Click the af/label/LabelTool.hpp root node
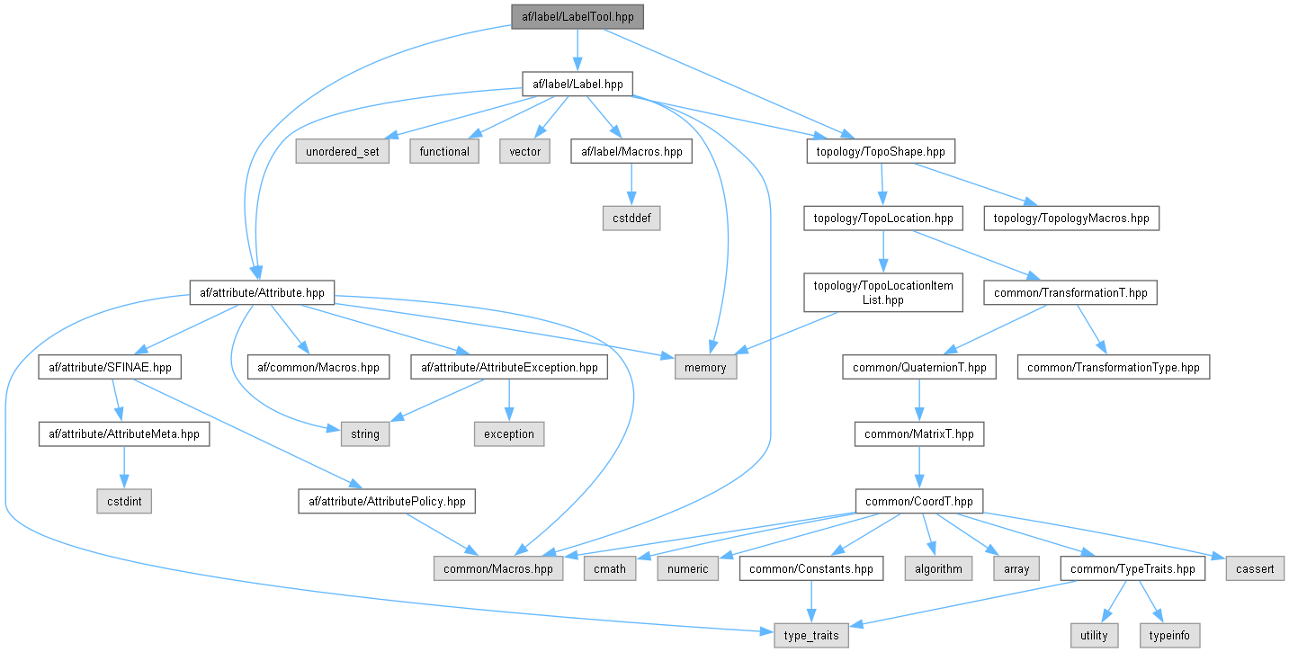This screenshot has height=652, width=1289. pyautogui.click(x=577, y=16)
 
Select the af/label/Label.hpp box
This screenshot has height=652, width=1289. pyautogui.click(x=577, y=85)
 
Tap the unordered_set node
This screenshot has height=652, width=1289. pyautogui.click(x=343, y=151)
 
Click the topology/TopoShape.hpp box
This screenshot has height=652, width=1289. pyautogui.click(x=880, y=151)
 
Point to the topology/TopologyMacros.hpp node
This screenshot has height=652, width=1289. pyautogui.click(x=1071, y=218)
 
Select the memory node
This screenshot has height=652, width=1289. pyautogui.click(x=705, y=367)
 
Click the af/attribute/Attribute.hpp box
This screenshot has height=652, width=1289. pyautogui.click(x=262, y=292)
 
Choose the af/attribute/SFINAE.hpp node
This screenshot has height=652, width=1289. pyautogui.click(x=111, y=367)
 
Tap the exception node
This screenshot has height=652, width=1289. pyautogui.click(x=509, y=433)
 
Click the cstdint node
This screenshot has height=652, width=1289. pyautogui.click(x=124, y=501)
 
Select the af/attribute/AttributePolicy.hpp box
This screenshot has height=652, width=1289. pyautogui.click(x=387, y=501)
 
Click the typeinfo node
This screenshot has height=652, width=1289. pyautogui.click(x=1169, y=635)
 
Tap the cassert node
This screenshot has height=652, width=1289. pyautogui.click(x=1255, y=568)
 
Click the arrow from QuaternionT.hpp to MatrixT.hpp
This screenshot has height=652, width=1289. pyautogui.click(x=918, y=400)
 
